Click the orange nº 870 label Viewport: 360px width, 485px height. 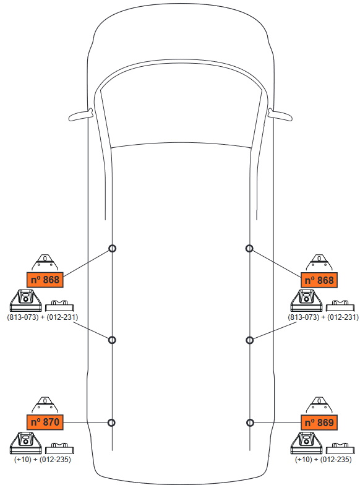point(45,422)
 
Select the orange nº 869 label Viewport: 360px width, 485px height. point(319,423)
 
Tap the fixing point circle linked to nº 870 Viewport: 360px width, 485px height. point(111,423)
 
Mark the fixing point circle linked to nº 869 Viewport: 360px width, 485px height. point(250,423)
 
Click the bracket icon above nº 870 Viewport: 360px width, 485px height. point(45,405)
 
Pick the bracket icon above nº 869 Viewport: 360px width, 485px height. point(319,405)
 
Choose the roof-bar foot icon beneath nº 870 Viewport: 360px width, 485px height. point(26,443)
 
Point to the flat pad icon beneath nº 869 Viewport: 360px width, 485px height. point(340,449)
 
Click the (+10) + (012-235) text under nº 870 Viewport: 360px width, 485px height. point(42,460)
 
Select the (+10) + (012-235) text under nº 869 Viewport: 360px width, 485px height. point(323,460)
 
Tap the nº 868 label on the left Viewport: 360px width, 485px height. point(45,280)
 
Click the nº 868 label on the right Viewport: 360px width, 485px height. point(319,280)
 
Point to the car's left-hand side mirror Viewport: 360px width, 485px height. point(81,115)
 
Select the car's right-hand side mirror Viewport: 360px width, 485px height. point(280,115)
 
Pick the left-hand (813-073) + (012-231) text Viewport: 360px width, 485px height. point(42,317)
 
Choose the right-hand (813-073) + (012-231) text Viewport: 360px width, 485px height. point(323,317)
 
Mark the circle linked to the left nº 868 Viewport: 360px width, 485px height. point(112,249)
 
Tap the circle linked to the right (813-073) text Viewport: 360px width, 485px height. point(250,340)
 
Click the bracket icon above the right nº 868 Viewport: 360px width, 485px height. point(319,263)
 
